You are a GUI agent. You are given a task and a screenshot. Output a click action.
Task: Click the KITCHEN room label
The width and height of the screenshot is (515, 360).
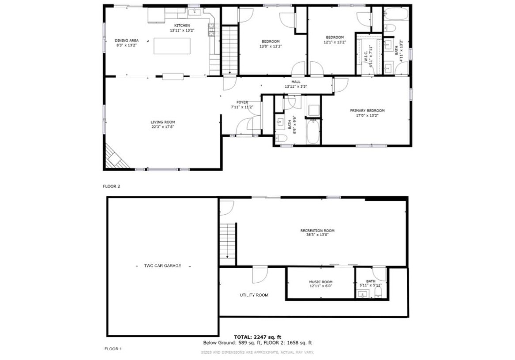182,26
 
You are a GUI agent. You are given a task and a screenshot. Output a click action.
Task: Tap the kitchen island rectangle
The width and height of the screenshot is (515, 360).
172,46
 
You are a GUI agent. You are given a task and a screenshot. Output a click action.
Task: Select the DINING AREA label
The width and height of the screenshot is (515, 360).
127,41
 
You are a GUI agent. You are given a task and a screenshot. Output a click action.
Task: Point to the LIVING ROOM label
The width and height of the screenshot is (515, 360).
163,122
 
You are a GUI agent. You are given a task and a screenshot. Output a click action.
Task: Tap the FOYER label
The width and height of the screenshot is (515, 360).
242,102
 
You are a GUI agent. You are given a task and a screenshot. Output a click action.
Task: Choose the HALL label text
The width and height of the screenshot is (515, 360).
296,82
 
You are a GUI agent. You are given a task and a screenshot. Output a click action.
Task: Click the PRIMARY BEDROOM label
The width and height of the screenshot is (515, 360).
367,111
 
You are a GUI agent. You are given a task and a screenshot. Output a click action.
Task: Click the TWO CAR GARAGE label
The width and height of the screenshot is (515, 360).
162,266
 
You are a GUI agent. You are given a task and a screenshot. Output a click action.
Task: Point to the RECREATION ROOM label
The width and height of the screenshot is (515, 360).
317,231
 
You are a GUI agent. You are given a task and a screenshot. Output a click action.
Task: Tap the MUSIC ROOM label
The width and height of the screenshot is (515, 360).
320,282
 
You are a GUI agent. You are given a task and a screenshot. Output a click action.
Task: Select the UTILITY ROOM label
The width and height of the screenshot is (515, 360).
254,295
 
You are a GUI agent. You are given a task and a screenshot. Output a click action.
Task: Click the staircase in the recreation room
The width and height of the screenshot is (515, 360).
228,244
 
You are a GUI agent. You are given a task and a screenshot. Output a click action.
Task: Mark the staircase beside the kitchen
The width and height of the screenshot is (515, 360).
229,50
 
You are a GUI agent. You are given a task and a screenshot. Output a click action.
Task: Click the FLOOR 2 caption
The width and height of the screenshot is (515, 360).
111,186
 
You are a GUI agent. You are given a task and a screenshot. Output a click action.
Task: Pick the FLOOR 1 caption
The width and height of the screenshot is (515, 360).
113,349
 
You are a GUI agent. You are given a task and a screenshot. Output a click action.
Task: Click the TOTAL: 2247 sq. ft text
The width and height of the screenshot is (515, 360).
258,337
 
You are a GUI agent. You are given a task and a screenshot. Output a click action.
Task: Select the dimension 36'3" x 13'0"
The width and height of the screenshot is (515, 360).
317,235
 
